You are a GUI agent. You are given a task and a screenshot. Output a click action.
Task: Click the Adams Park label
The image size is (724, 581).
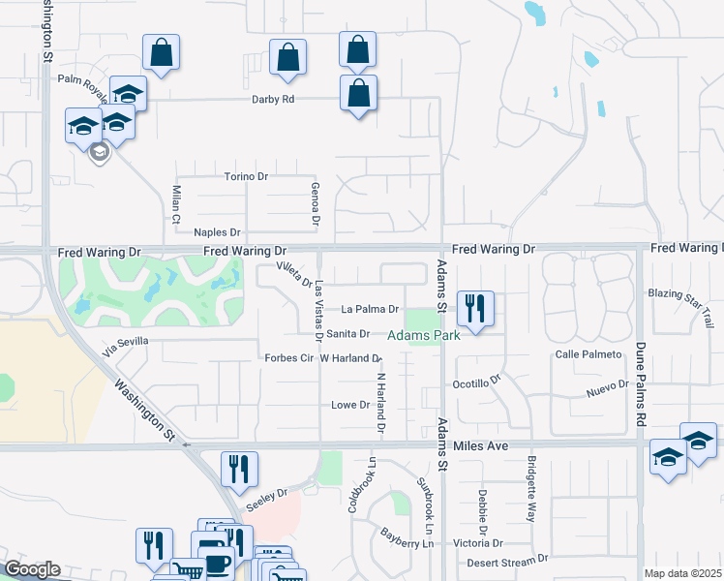click(x=423, y=336)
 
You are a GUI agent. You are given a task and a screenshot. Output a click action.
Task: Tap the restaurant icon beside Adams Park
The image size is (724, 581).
click(x=474, y=309)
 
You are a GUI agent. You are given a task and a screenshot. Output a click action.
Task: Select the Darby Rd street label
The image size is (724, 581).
click(x=272, y=99)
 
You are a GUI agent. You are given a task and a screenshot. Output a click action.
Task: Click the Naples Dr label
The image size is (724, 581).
click(x=217, y=232)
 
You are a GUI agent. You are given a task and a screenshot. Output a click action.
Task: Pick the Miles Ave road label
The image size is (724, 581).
click(x=481, y=446)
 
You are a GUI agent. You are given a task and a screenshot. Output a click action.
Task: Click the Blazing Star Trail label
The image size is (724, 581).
click(x=681, y=293)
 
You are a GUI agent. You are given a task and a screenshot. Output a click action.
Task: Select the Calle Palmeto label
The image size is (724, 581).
click(x=588, y=354)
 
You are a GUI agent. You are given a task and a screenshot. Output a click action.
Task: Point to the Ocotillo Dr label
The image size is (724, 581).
click(x=476, y=381)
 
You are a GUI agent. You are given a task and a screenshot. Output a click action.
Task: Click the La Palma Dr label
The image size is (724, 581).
click(x=370, y=310)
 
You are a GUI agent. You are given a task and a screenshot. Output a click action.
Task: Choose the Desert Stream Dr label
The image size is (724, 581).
click(x=507, y=560)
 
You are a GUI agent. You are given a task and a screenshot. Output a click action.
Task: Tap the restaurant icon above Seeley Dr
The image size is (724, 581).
click(x=238, y=469)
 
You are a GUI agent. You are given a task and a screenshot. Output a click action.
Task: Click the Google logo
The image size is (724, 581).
click(x=32, y=569)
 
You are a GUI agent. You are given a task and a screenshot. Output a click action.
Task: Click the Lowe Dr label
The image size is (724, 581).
click(x=350, y=405)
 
